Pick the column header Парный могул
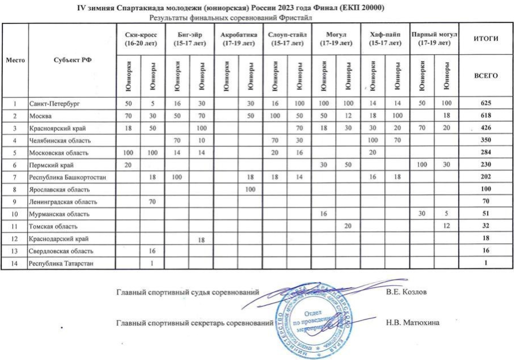(435, 39)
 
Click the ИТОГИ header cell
(485, 39)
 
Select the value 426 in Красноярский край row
(485, 128)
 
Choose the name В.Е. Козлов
(407, 293)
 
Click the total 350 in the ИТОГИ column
(485, 140)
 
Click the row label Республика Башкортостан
(65, 177)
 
